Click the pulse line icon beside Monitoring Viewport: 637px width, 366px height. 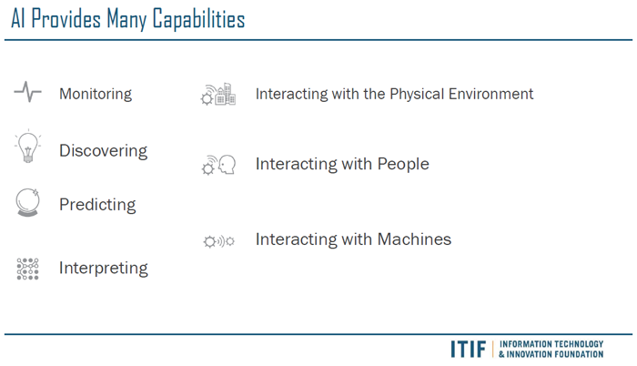(27, 91)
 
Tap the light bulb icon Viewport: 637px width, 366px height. (27, 147)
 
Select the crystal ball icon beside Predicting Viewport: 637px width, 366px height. (27, 202)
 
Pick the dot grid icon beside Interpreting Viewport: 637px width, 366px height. (27, 269)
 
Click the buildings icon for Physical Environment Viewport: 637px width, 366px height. (218, 94)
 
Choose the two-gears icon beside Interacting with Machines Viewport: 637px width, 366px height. (219, 241)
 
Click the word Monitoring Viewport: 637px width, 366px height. (96, 94)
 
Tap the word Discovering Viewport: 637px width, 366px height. (103, 151)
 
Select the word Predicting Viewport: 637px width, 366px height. (97, 205)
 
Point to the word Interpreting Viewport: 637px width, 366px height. (104, 268)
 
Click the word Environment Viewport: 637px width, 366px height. (490, 94)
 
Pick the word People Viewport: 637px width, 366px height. (403, 164)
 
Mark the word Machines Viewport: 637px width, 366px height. (414, 239)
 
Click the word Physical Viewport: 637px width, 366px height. (417, 95)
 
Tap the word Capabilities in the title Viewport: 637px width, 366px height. (198, 19)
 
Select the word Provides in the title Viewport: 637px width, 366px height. (66, 19)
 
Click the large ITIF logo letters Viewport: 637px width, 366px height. (468, 349)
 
